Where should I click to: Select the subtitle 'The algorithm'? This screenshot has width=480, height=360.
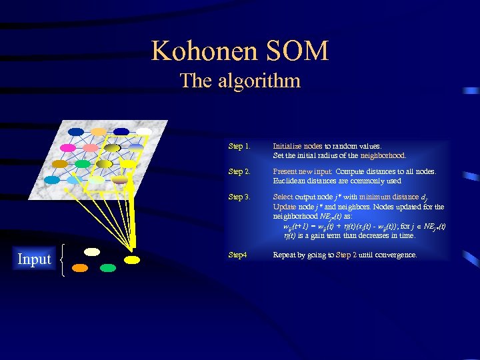(x=240, y=81)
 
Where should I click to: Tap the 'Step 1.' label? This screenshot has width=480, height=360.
(x=239, y=146)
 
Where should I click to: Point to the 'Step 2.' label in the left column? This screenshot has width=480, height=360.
(x=239, y=172)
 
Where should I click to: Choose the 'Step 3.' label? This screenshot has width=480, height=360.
(x=239, y=197)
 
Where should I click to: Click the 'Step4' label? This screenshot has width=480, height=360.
(x=238, y=255)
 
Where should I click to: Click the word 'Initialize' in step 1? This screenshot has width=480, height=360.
(x=287, y=146)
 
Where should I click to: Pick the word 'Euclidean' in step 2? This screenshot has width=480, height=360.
(x=289, y=181)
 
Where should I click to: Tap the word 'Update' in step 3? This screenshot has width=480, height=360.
(x=285, y=207)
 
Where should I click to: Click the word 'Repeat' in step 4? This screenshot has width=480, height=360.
(x=285, y=255)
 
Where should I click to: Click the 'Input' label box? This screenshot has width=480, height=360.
(x=34, y=259)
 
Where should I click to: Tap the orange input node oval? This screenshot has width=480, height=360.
(x=80, y=268)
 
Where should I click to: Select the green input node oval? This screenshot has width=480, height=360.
(x=108, y=268)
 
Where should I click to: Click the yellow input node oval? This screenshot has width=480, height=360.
(x=132, y=259)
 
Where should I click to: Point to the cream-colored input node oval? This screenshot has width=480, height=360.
(x=92, y=252)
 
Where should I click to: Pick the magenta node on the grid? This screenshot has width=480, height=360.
(x=68, y=147)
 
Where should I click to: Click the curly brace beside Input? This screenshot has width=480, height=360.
(x=62, y=260)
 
